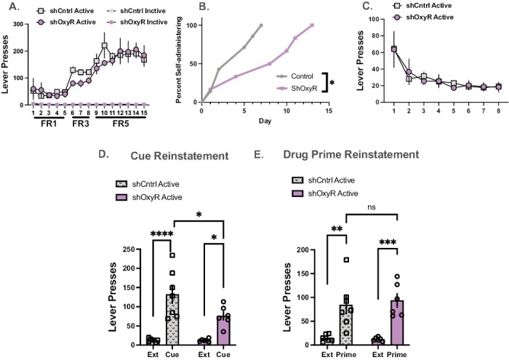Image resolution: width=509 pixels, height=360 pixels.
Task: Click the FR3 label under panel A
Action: pos(81,124)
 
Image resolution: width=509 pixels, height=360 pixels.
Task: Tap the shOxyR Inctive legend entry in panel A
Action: pos(137,22)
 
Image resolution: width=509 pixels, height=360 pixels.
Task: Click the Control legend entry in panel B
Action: pos(294,76)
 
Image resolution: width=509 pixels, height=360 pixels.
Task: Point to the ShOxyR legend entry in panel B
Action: pos(297,88)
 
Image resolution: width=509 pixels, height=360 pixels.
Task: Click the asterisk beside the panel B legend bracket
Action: pos(332,83)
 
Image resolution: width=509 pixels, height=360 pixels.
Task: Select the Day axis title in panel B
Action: pos(265,121)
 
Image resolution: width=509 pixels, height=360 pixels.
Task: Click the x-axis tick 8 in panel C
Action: pos(498,111)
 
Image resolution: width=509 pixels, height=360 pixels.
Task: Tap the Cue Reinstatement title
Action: pos(180,156)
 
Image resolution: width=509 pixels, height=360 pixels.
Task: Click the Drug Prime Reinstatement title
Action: pos(351,154)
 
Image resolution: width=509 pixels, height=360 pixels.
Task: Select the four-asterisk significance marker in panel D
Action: pos(162,234)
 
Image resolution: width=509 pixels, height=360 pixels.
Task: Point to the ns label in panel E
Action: pos(372,207)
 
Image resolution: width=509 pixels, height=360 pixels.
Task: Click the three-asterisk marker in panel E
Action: pos(388,242)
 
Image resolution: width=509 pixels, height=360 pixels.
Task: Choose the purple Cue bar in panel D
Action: pos(223,330)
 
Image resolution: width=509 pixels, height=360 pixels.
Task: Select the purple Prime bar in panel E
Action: pos(397,323)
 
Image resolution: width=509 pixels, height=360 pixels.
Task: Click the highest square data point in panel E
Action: pos(346,260)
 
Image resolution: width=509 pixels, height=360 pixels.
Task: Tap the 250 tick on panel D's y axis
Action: pos(129,249)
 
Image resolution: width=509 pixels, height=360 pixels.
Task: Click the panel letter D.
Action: pos(103,154)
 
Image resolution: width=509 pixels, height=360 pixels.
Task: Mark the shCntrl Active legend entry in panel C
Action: pos(422,6)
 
